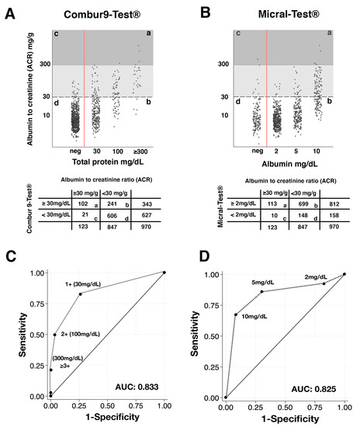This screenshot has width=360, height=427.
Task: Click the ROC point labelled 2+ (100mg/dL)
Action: [55, 334]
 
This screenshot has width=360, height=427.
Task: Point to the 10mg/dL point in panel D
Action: [236, 314]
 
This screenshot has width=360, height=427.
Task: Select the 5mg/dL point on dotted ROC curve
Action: [261, 291]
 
